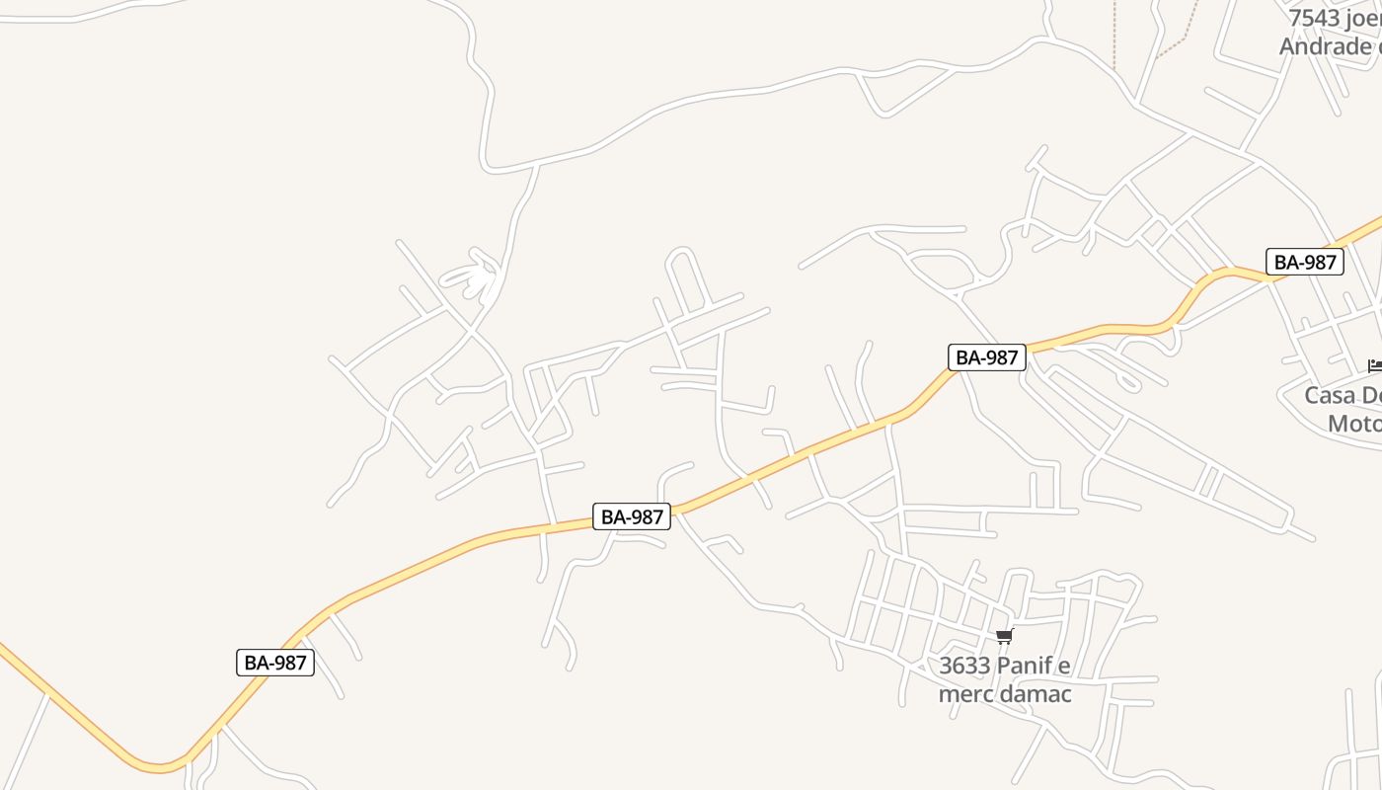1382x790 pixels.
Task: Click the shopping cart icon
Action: [x=1004, y=637]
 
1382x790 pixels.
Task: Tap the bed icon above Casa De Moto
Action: [x=1375, y=366]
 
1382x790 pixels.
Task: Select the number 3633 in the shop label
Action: [x=964, y=666]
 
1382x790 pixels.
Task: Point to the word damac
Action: [x=1036, y=694]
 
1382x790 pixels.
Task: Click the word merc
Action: [x=965, y=694]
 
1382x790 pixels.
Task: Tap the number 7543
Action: [x=1314, y=19]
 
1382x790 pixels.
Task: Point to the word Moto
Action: [x=1353, y=424]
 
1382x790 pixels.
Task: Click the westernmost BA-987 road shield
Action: [x=275, y=663]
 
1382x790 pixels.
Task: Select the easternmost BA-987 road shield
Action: [x=1305, y=262]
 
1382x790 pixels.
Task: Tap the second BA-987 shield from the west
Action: [x=632, y=516]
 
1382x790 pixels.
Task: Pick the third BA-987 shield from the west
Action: [x=987, y=357]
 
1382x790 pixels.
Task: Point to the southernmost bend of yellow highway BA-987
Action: [x=158, y=764]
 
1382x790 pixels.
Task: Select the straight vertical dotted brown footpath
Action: [x=1114, y=35]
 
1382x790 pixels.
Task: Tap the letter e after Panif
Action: [x=1064, y=666]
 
